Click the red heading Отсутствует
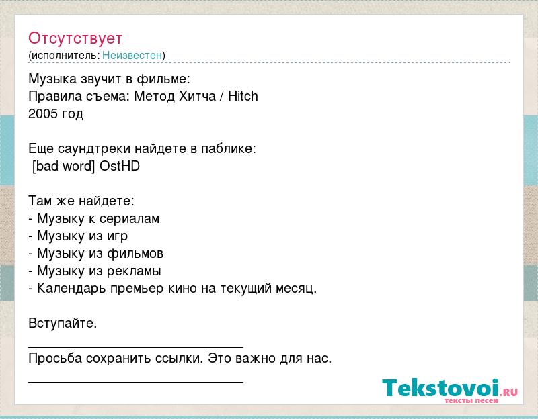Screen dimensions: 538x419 click(75, 38)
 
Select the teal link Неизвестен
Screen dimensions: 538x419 click(132, 55)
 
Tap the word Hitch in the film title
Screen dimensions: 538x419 click(243, 96)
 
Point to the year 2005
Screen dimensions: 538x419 click(42, 113)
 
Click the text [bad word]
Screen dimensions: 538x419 click(63, 166)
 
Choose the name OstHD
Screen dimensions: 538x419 click(120, 166)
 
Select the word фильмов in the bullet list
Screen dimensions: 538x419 click(135, 254)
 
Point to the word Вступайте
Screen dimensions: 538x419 click(63, 323)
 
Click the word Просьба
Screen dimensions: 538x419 click(55, 358)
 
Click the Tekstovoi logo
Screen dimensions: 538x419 click(450, 390)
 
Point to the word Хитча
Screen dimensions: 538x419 click(197, 96)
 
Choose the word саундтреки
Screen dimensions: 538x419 click(94, 149)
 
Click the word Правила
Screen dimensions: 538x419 click(55, 96)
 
